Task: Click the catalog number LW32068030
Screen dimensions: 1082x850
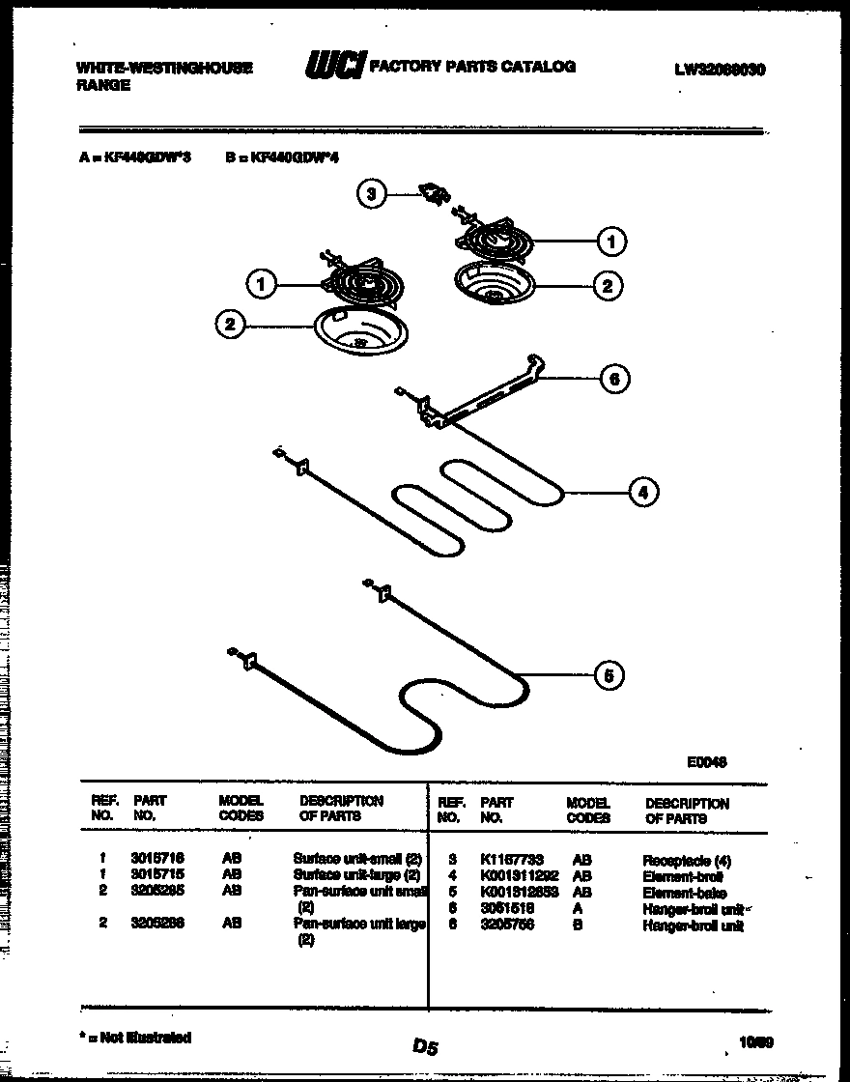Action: [x=720, y=70]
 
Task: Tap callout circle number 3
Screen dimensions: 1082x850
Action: [x=371, y=195]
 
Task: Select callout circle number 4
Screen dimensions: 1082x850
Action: [x=642, y=493]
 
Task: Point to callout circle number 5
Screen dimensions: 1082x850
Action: [x=607, y=675]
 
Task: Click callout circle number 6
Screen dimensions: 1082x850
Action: [x=613, y=380]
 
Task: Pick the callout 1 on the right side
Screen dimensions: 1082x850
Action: [x=610, y=242]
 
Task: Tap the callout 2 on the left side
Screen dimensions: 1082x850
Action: [x=230, y=326]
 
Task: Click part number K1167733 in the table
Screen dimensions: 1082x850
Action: [x=511, y=860]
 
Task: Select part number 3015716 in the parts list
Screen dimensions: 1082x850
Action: [x=157, y=858]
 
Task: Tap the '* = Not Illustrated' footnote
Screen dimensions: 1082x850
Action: [x=134, y=1038]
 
